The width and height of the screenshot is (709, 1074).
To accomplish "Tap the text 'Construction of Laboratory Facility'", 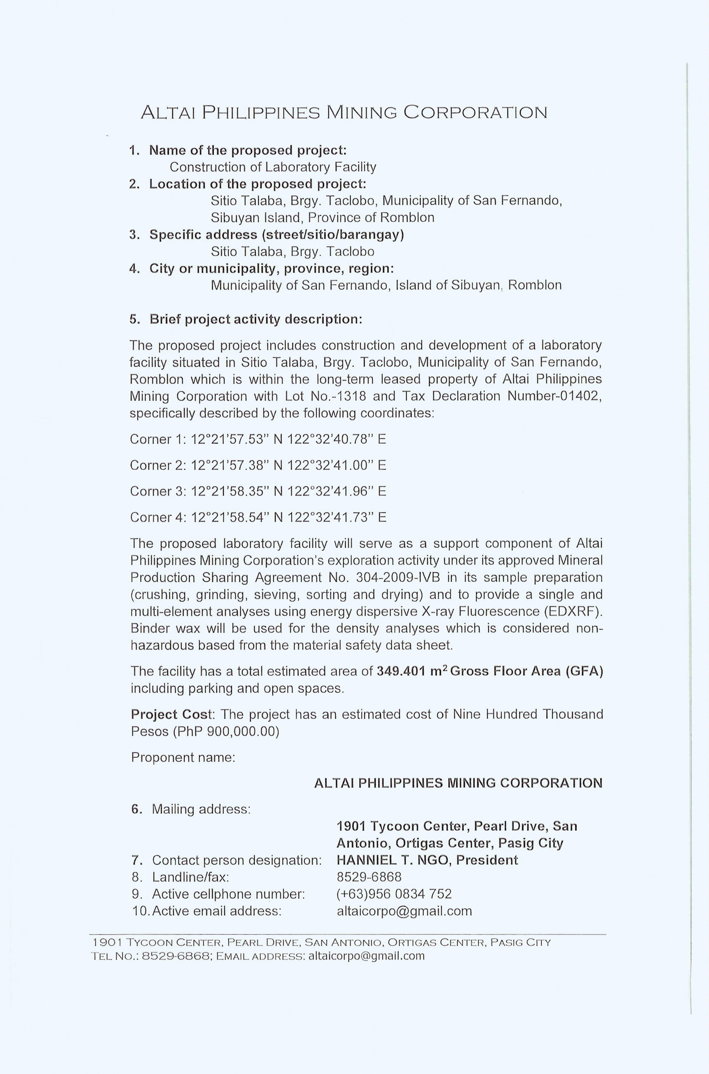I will pos(273,167).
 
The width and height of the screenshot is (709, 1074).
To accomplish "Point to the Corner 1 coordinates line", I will pos(258,439).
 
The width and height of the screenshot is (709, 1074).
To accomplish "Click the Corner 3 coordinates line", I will pos(258,491).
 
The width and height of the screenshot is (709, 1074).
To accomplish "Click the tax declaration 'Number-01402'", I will pos(554,396).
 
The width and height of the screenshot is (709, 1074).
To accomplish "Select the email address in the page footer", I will pos(366,956).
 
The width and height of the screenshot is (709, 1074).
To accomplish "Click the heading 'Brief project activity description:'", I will pos(256,319).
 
